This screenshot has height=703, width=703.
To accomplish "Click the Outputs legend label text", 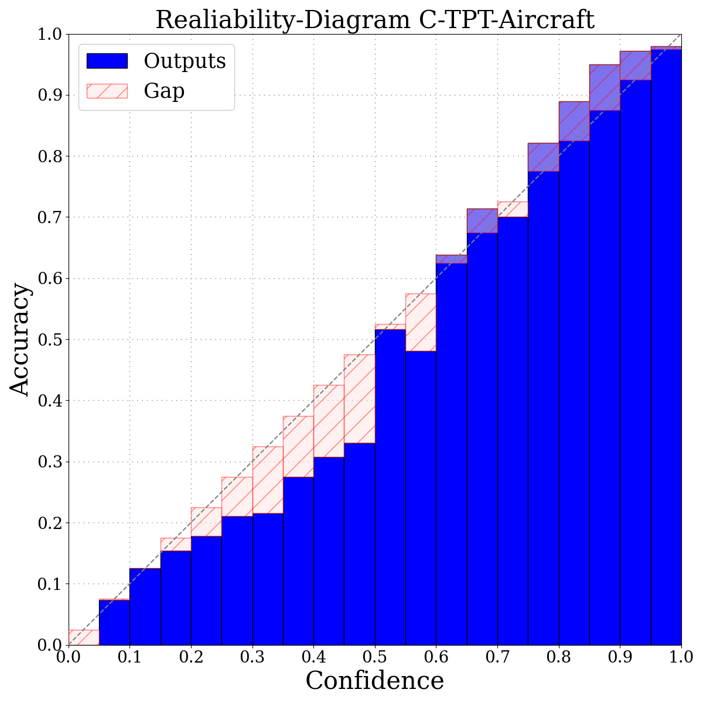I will pos(185,60).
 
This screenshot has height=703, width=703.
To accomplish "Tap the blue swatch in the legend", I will pos(107,60).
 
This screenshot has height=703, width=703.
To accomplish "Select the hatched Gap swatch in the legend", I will pos(107,91).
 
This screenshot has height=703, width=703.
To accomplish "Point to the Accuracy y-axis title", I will pos(20,339).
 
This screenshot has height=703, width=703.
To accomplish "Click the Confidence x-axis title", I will pos(375,681).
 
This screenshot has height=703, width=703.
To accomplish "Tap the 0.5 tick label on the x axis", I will pos(375,656).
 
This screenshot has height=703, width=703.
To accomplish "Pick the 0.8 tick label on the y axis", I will pos(49,156).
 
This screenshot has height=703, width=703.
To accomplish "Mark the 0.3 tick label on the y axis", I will pos(49,462).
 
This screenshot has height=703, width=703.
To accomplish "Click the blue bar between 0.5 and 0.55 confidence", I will pos(390,486).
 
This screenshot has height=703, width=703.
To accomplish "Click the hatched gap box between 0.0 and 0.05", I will pos(84,637).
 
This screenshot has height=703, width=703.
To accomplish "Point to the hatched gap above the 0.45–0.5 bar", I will pos(359,398).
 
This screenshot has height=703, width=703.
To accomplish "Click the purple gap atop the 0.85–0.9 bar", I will pos(605,87).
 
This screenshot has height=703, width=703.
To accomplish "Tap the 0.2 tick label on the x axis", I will pos(191,656).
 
